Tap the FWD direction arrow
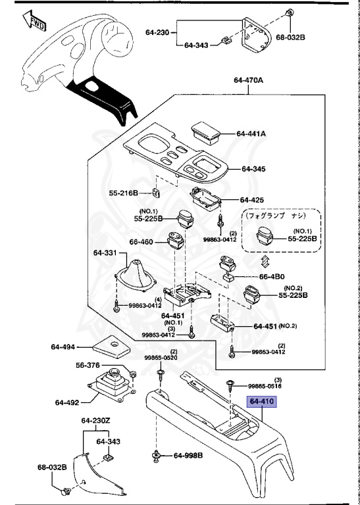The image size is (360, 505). tap(34, 21)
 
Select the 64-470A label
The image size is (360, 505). tap(249, 80)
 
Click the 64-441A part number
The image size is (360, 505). tap(251, 133)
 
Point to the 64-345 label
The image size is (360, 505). tap(253, 169)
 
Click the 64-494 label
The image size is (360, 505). tap(63, 347)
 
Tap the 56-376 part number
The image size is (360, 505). tap(88, 365)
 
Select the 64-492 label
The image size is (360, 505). tap(67, 402)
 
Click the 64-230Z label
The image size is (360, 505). tap(95, 421)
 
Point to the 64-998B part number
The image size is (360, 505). tap(188, 456)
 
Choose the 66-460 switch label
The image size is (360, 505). tap(141, 242)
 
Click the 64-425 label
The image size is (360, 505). tap(251, 200)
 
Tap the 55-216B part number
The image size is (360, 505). tap(124, 193)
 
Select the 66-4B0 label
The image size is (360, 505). tap(272, 276)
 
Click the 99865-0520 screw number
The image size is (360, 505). tap(161, 358)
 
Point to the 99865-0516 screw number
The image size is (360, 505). tap(265, 386)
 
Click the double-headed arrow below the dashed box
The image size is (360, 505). tap(265, 261)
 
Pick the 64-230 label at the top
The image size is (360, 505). tap(157, 32)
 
